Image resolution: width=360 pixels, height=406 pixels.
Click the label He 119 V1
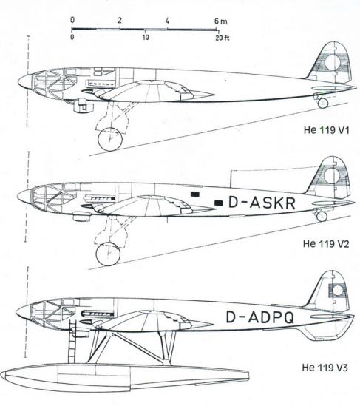(326, 129)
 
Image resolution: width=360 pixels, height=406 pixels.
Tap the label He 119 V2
(326, 243)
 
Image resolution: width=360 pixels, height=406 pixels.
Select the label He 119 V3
(325, 368)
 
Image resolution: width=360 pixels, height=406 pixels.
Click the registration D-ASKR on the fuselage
(262, 203)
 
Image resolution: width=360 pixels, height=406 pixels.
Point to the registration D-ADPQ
(260, 317)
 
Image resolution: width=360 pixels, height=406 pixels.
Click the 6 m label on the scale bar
(220, 21)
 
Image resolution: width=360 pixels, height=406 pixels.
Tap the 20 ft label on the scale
(223, 38)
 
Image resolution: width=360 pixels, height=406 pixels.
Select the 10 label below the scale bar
(146, 38)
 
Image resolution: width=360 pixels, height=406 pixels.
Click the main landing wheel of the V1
(110, 139)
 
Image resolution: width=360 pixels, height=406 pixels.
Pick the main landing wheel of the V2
(108, 254)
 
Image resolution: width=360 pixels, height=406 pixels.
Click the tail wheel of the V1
(323, 103)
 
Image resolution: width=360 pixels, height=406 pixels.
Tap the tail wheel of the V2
(322, 216)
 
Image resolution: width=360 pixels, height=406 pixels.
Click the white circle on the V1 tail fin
(333, 63)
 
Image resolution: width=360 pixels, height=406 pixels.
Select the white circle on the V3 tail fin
(338, 291)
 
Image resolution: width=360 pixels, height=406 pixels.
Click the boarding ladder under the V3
(72, 341)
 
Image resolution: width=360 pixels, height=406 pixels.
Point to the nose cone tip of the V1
(18, 83)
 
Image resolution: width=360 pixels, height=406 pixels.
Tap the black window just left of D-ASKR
(219, 203)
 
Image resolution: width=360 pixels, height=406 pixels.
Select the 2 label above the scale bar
(119, 21)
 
